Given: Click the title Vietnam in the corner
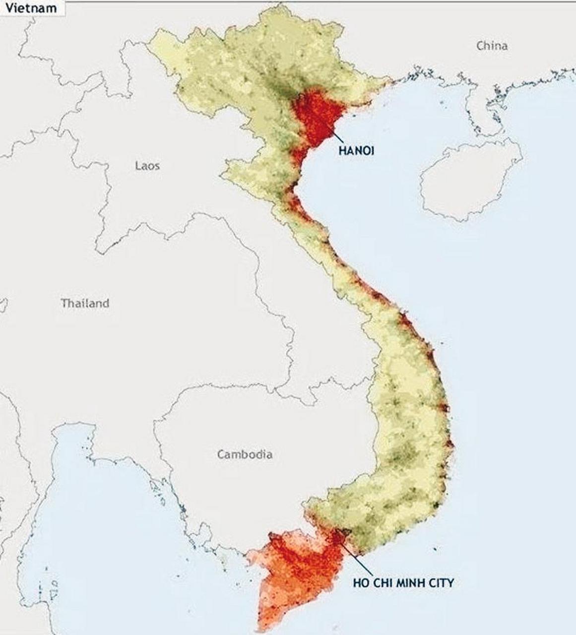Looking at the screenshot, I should point(31,8).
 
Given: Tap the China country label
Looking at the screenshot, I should point(492,46).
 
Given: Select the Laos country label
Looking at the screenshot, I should point(147,165).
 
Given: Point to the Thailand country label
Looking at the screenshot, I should point(85,303).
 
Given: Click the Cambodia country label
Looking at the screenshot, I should point(245,454).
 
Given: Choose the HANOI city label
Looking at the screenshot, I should point(356,150).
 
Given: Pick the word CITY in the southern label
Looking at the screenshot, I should point(441,582).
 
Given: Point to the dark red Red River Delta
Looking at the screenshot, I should point(315,117).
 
